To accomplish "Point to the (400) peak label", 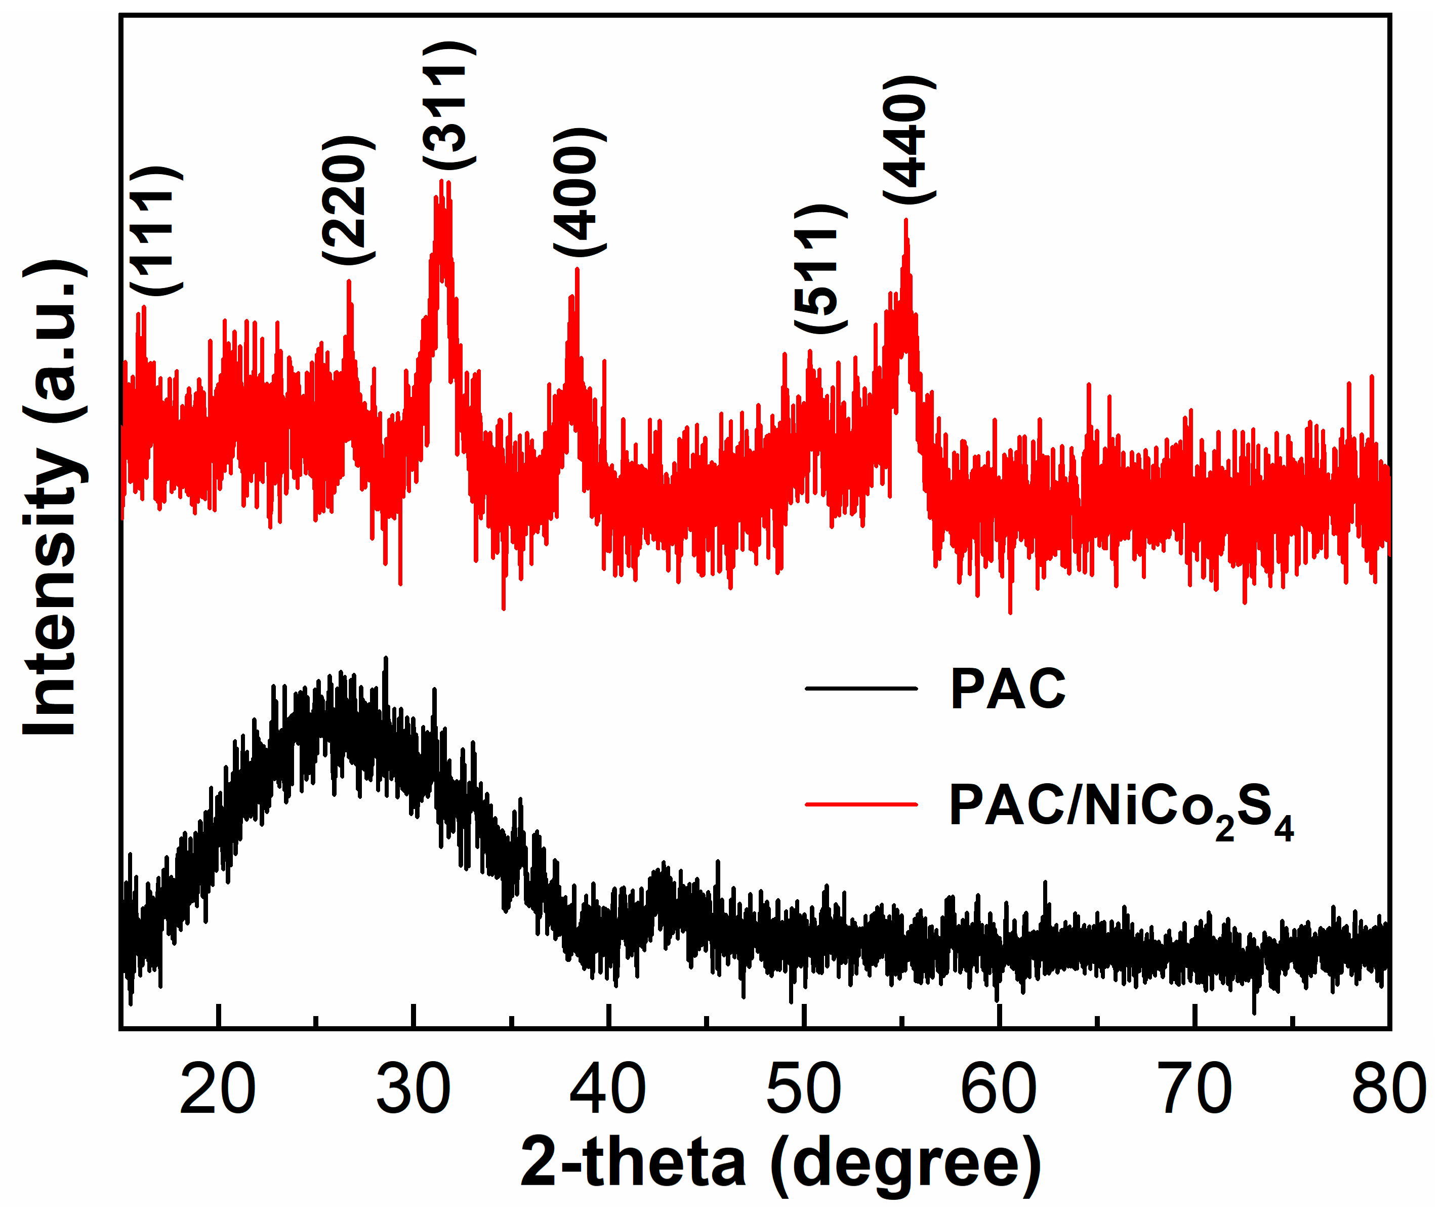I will [580, 192].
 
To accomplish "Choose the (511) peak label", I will [820, 269].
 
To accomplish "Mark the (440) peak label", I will [909, 141].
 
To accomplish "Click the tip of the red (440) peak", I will [905, 220].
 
